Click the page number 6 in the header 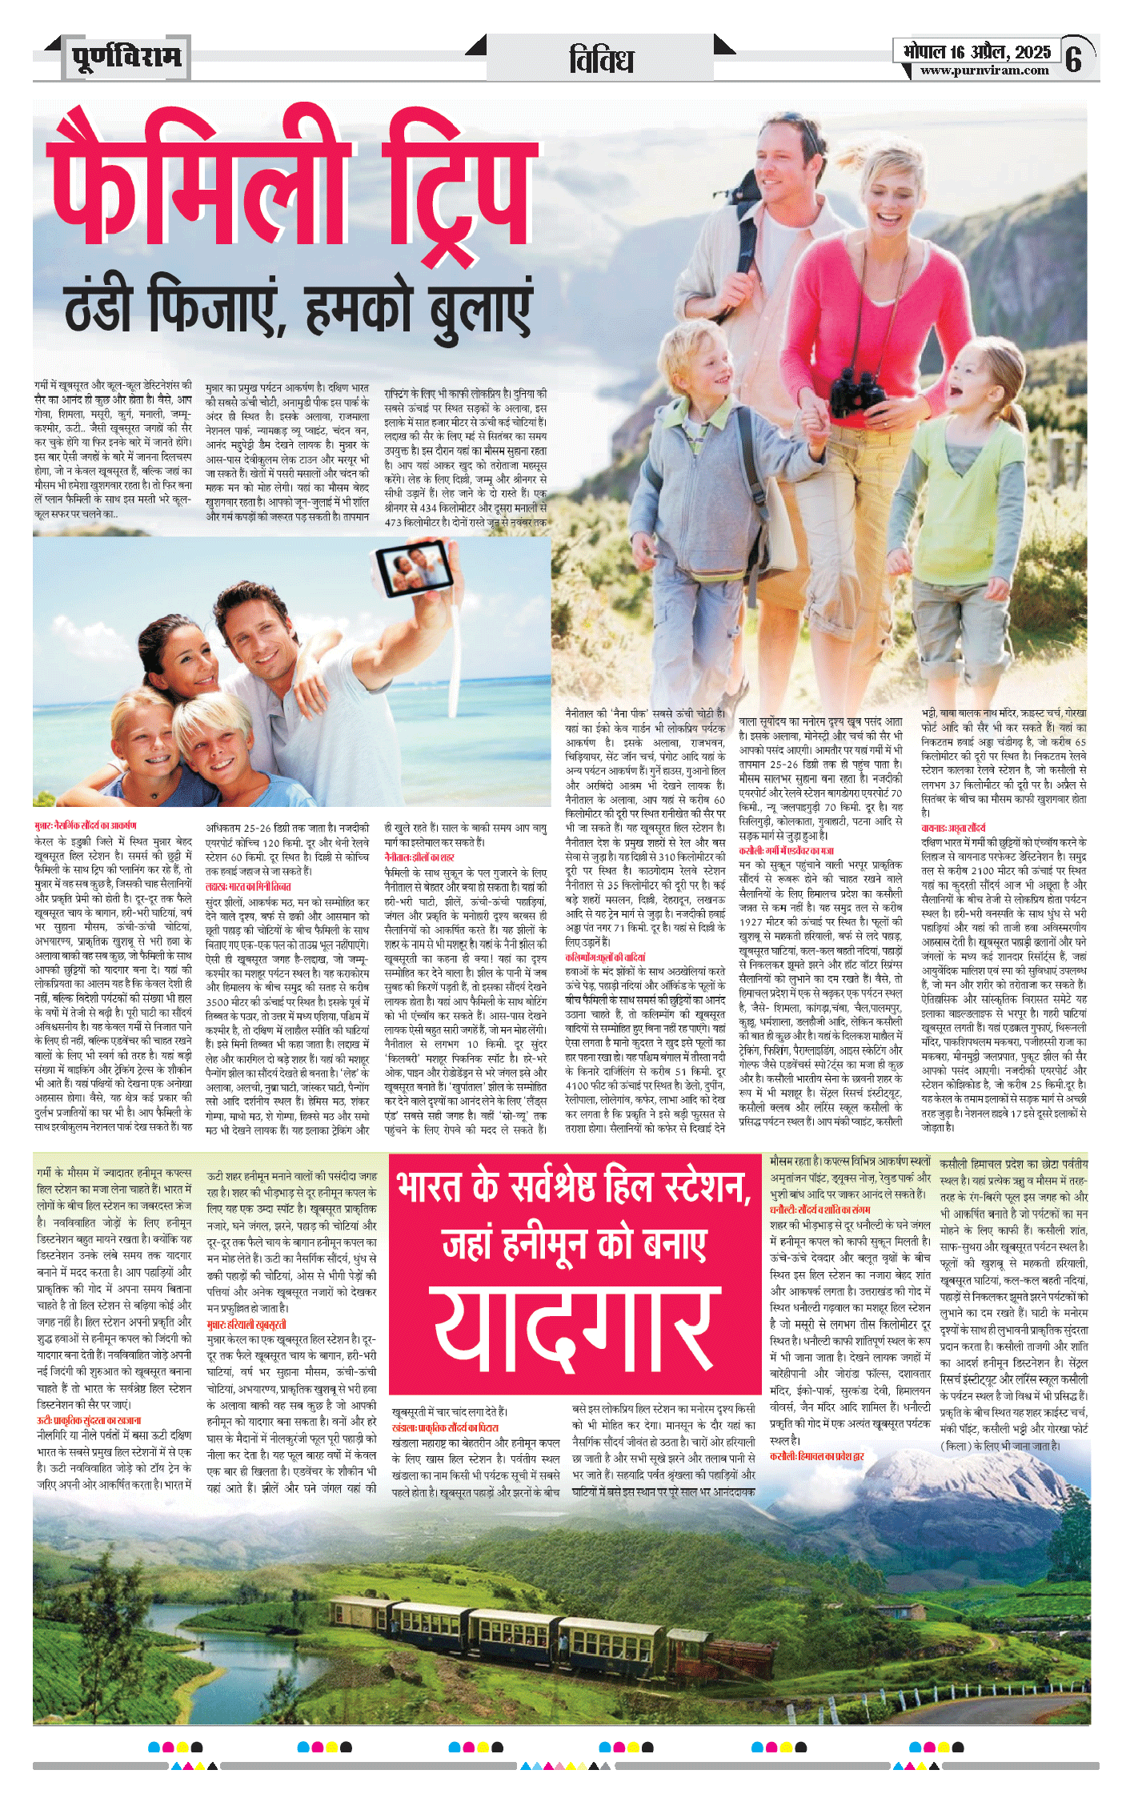(x=1074, y=58)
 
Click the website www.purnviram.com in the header (x=984, y=70)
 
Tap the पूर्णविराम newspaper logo (x=126, y=58)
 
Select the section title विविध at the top (x=601, y=60)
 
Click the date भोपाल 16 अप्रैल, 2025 (x=976, y=52)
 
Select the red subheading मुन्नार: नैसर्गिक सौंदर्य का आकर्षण (x=86, y=825)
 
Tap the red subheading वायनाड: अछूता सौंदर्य (x=953, y=828)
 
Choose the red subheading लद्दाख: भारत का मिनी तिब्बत (x=248, y=887)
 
